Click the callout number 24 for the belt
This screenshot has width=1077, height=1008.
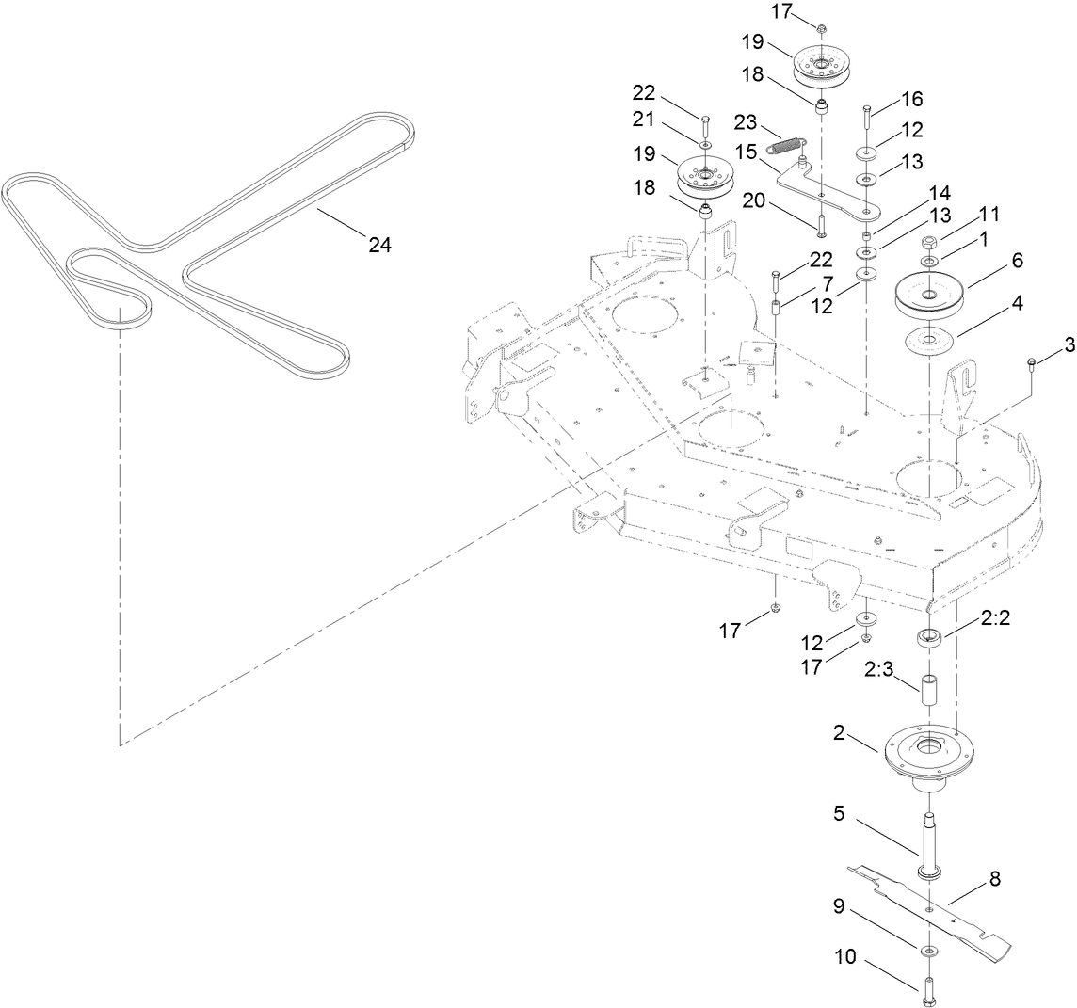click(379, 245)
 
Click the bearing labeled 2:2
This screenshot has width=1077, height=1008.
click(930, 640)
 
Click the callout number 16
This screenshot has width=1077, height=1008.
click(886, 99)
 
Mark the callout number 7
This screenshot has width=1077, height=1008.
click(799, 282)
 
